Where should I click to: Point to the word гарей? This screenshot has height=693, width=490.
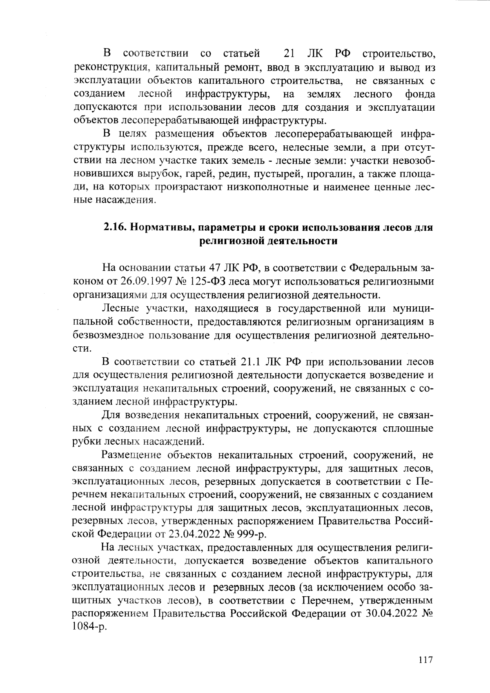tap(200, 174)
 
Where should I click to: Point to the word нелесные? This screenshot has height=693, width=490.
tap(303, 148)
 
